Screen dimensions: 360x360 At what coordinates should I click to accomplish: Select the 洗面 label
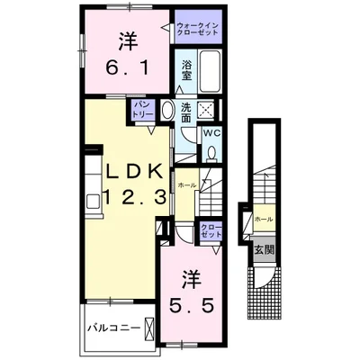coord(185,112)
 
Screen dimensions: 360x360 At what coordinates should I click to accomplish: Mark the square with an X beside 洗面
coord(209,110)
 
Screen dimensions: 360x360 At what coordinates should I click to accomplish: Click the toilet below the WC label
coord(211,153)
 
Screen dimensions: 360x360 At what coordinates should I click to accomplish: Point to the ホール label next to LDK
coord(185,184)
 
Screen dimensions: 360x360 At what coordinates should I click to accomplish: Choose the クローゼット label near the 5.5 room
coord(210,230)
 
